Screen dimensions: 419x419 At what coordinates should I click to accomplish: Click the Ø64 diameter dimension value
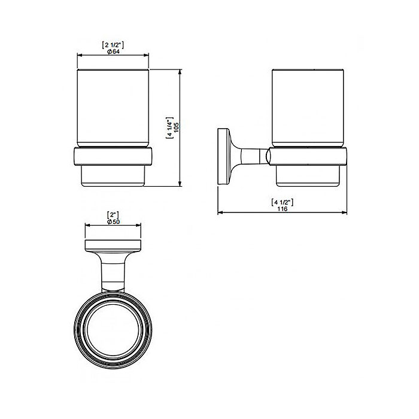point(113,51)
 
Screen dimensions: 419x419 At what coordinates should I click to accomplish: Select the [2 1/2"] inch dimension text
point(113,45)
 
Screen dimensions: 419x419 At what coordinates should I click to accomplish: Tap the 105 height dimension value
point(176,127)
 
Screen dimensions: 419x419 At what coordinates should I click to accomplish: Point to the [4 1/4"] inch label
point(169,127)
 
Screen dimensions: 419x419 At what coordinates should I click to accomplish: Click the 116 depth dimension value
point(282,209)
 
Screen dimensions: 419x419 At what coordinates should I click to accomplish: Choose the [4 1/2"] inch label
point(282,202)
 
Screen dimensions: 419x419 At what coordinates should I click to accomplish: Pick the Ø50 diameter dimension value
point(113,222)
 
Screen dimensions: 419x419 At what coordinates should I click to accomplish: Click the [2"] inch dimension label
point(113,215)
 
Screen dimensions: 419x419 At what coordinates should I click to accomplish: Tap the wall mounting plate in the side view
point(224,156)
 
